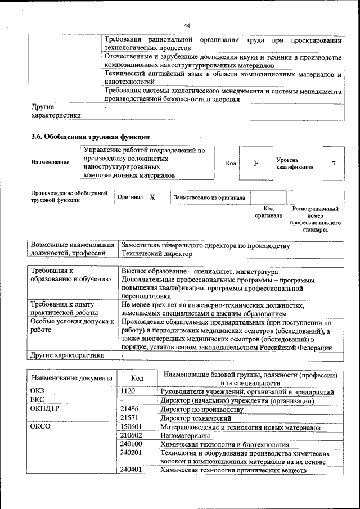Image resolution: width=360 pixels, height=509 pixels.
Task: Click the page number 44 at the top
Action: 187,25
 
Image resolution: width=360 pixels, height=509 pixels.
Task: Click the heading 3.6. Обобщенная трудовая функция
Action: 90,137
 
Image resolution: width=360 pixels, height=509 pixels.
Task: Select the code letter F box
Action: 256,164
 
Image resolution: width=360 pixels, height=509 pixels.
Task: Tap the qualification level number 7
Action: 334,164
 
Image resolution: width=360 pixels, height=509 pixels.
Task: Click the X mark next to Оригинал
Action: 152,197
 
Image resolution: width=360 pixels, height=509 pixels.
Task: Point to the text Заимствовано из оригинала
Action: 209,197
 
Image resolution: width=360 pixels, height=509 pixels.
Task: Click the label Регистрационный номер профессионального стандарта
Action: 315,219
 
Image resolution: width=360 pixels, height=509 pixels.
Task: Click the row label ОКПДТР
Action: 45,409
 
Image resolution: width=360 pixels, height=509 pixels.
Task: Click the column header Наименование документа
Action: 71,379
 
